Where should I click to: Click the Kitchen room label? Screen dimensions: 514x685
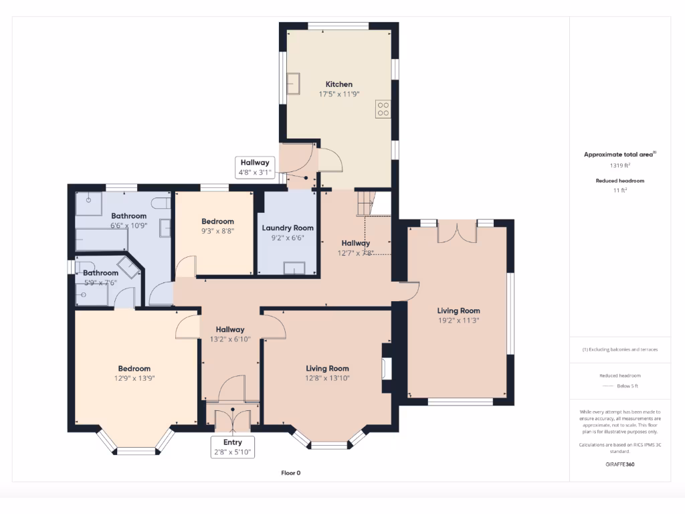coord(338,84)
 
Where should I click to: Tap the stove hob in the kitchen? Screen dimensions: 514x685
coord(383,108)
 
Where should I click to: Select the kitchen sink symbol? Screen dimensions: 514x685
coord(293,84)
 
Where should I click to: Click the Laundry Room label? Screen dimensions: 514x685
coord(288,228)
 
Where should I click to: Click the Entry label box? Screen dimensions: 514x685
coord(233,446)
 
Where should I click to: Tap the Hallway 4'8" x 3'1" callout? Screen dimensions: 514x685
coord(255,167)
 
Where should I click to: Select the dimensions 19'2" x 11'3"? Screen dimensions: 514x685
coord(458,320)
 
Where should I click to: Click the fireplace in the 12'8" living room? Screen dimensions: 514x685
coord(385,367)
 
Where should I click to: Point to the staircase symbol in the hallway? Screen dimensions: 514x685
coord(365,203)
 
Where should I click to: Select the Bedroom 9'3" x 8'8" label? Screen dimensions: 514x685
coord(217,222)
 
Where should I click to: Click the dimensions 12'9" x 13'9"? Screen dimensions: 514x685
coord(134,377)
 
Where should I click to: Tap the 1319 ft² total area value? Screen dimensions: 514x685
coord(619,165)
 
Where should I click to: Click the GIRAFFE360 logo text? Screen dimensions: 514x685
coord(619,463)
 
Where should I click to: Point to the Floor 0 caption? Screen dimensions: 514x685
coord(291,473)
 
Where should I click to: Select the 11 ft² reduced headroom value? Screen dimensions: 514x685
coord(619,190)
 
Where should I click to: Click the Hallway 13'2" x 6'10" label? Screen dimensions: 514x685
coord(229,329)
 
